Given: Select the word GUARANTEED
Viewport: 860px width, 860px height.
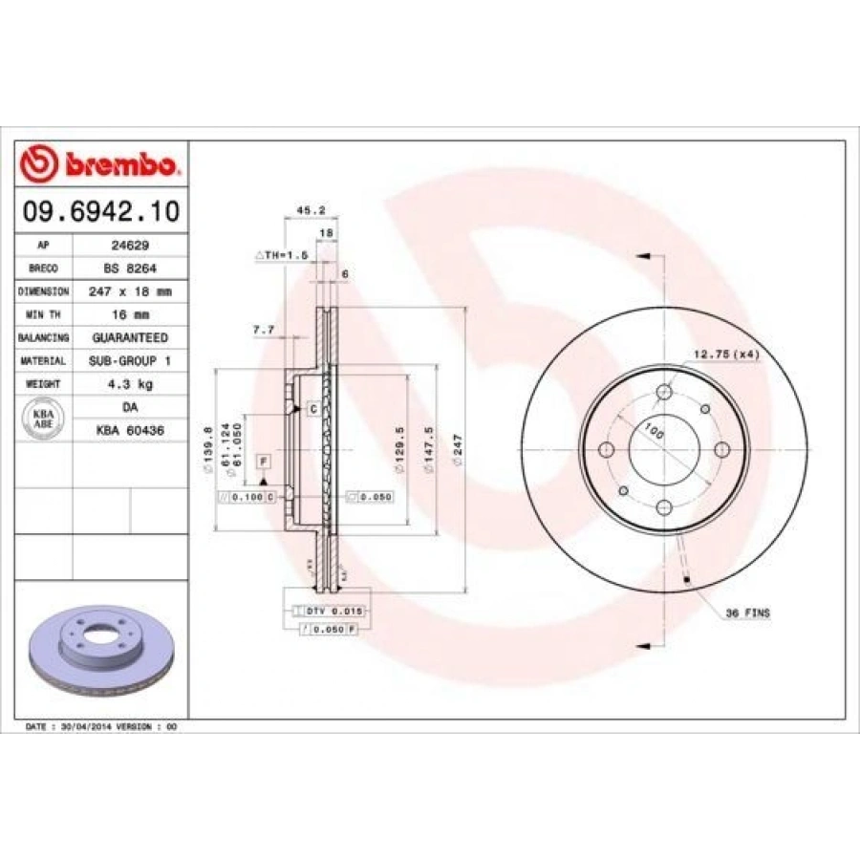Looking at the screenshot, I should pyautogui.click(x=130, y=337).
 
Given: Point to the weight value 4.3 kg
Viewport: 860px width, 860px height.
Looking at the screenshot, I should pyautogui.click(x=130, y=384).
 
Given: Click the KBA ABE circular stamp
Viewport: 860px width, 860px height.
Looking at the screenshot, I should pyautogui.click(x=43, y=419).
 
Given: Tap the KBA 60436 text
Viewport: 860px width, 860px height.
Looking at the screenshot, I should pyautogui.click(x=130, y=431).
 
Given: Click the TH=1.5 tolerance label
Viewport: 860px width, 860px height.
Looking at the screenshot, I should pyautogui.click(x=282, y=257).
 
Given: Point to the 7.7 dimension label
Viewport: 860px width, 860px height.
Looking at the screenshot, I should pyautogui.click(x=263, y=330).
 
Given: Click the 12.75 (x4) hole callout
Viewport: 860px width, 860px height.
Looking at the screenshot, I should pyautogui.click(x=725, y=355).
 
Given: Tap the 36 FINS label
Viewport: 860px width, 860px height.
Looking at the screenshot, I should pyautogui.click(x=748, y=612).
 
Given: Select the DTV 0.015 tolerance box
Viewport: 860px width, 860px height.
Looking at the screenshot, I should pyautogui.click(x=333, y=610).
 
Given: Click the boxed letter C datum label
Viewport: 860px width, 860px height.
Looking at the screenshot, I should pyautogui.click(x=312, y=409).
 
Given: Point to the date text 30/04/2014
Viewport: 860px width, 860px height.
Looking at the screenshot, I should pyautogui.click(x=84, y=727).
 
